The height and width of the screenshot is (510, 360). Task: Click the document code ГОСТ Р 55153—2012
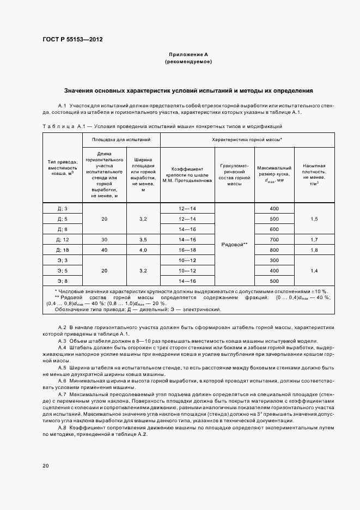click(72, 40)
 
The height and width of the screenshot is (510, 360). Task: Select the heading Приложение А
click(188, 55)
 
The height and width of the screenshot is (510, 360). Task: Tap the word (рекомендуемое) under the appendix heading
click(188, 62)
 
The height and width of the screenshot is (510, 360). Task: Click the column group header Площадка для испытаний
click(121, 140)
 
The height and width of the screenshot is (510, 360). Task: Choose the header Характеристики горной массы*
click(251, 140)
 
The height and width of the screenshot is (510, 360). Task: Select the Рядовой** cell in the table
click(235, 245)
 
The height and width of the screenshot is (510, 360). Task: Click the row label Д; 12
click(62, 239)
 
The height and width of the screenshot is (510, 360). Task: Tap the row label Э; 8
click(62, 281)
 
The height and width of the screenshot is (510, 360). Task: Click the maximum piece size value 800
click(274, 250)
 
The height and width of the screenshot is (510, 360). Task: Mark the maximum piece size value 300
click(274, 260)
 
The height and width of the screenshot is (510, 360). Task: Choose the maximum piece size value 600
click(274, 229)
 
